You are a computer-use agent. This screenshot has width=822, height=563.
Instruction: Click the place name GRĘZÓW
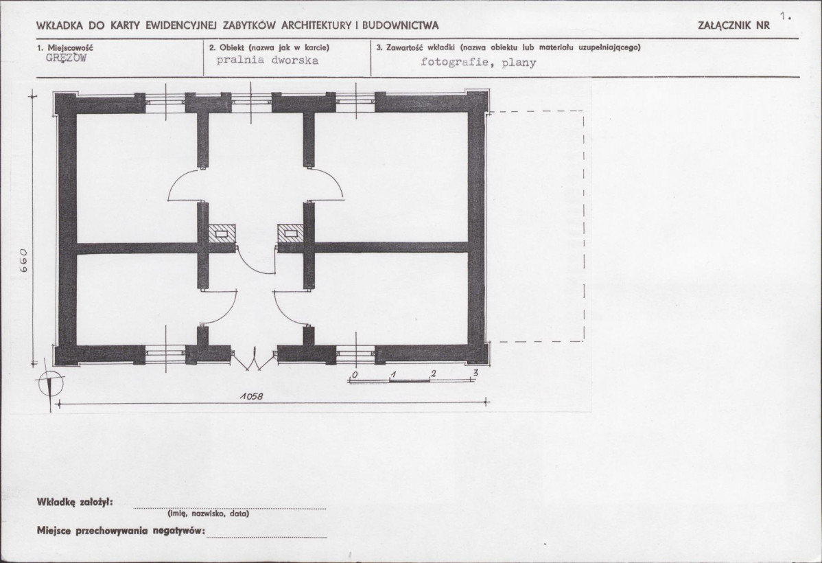(66, 58)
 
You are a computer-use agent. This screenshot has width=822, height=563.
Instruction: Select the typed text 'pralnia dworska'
(268, 60)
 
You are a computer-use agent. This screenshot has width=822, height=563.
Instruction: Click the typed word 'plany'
(519, 63)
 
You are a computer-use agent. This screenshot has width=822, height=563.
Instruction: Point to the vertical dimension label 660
(24, 261)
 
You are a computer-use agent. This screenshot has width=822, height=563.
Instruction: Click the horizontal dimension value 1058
(251, 397)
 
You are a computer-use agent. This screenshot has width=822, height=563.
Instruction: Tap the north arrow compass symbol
(50, 384)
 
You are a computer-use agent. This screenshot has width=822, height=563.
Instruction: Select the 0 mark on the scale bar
(355, 374)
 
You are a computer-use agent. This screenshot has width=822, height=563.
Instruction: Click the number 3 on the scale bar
(475, 373)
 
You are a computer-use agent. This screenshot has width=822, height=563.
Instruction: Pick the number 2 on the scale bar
(433, 373)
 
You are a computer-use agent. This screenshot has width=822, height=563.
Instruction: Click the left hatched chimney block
(222, 233)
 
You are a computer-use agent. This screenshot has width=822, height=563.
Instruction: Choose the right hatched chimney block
(290, 233)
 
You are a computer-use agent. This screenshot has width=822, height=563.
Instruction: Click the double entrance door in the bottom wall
(255, 359)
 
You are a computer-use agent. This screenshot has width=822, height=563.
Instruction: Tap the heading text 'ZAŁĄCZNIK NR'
(734, 25)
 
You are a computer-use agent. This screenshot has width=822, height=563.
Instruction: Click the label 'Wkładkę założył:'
(75, 502)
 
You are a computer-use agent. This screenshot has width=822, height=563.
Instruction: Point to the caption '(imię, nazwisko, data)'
(208, 514)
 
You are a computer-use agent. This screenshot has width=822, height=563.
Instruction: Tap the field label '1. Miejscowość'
(65, 48)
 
